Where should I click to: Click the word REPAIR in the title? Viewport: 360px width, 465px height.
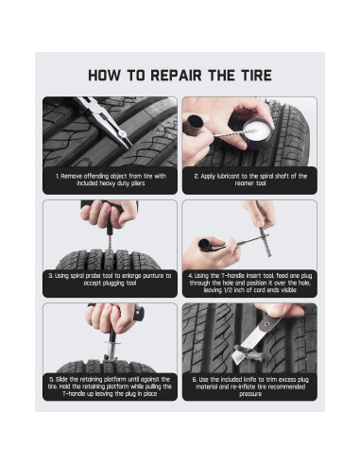click(x=176, y=76)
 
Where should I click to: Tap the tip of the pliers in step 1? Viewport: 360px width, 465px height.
click(x=131, y=147)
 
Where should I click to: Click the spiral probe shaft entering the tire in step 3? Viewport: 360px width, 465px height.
click(x=110, y=249)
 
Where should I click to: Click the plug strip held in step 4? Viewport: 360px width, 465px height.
click(x=266, y=242)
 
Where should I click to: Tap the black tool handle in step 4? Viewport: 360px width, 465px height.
click(x=205, y=245)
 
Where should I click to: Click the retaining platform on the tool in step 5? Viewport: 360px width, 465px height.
click(x=111, y=343)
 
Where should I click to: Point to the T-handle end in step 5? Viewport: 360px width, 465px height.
click(x=139, y=314)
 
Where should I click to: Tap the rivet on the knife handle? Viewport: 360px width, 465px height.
click(x=267, y=323)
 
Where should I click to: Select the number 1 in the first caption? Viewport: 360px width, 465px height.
click(x=58, y=177)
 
